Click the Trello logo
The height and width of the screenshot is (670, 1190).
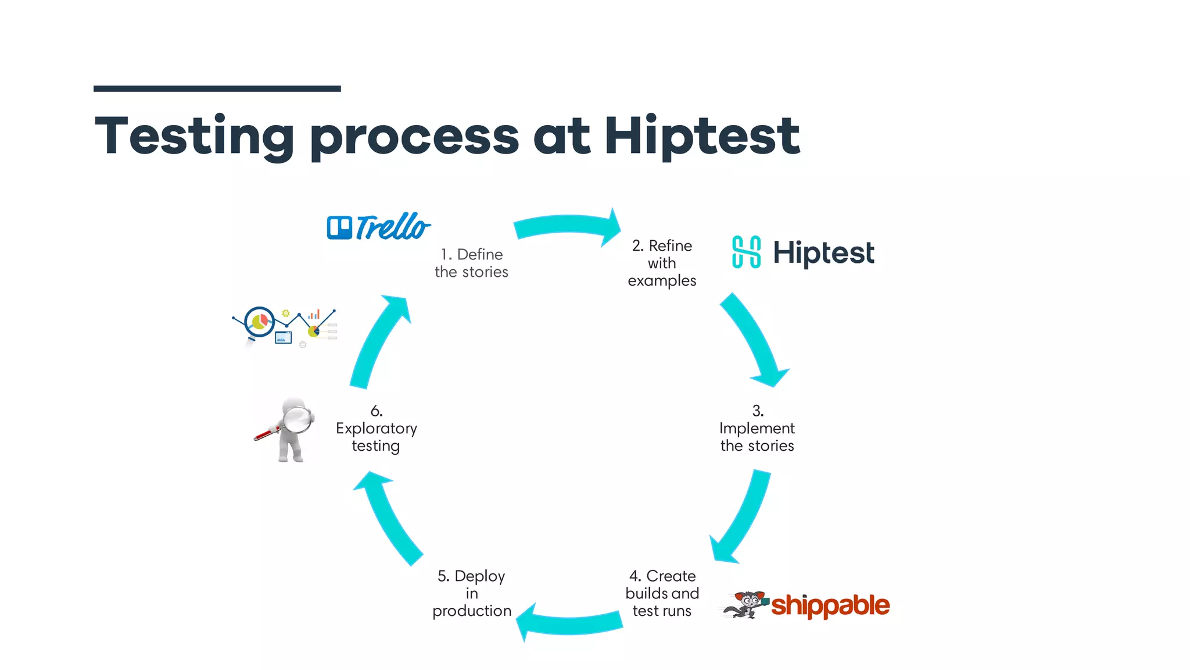[378, 227]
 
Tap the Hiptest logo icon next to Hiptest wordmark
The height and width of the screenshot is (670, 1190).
[746, 252]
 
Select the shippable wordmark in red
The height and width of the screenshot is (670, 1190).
[830, 606]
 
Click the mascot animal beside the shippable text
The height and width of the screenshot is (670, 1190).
[745, 605]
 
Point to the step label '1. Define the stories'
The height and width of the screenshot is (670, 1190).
[471, 263]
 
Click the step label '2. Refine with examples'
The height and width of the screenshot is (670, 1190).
[662, 263]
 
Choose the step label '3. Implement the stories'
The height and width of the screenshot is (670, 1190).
[757, 429]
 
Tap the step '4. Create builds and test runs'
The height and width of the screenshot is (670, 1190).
[662, 593]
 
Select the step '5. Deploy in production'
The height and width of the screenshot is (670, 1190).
[471, 593]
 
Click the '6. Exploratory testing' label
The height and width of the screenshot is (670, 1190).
[376, 429]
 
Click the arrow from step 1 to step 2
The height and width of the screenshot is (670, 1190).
[567, 227]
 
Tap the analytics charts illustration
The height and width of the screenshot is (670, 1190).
[285, 326]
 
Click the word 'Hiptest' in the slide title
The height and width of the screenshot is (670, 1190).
[702, 136]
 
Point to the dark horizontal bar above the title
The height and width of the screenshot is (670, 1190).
[217, 89]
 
